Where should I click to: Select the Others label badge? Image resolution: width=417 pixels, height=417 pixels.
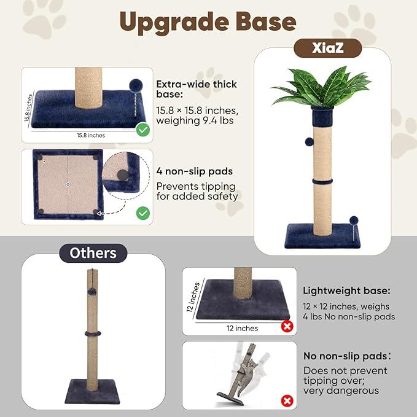pyautogui.click(x=93, y=252)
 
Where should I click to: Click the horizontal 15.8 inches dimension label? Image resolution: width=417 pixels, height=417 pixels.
pyautogui.click(x=91, y=135)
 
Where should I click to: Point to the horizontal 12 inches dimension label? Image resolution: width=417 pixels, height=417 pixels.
pyautogui.click(x=241, y=328)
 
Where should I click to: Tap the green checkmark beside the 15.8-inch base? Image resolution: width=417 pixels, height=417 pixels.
pyautogui.click(x=143, y=130)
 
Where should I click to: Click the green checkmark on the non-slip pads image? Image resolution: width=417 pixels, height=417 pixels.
pyautogui.click(x=143, y=213)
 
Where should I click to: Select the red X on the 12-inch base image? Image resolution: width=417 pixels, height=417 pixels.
pyautogui.click(x=286, y=326)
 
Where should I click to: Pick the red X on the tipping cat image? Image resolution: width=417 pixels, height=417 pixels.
pyautogui.click(x=286, y=401)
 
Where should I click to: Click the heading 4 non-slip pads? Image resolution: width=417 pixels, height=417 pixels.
pyautogui.click(x=194, y=172)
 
